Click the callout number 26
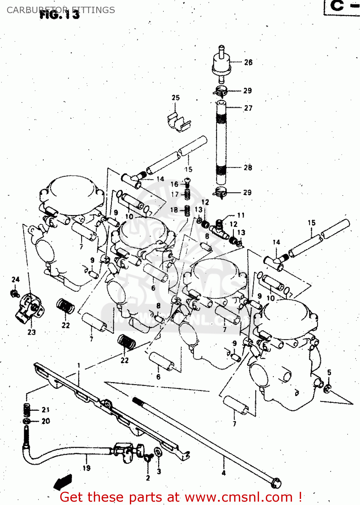(248, 62)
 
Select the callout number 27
(248, 108)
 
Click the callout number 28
(248, 167)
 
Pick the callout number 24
(15, 279)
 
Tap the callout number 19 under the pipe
(86, 468)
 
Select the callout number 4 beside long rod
(224, 473)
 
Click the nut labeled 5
(327, 389)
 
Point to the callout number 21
(46, 410)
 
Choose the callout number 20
(46, 421)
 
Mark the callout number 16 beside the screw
(174, 184)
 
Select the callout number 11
(241, 215)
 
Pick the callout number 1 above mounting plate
(79, 366)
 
